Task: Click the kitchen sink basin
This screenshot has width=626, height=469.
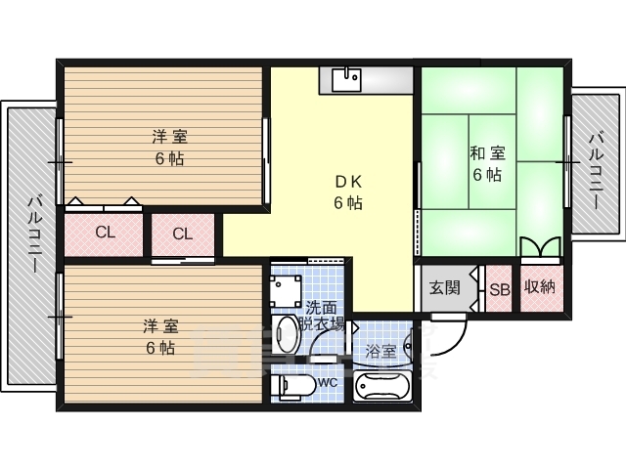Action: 346,80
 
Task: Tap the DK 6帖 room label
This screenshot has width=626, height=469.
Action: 348,192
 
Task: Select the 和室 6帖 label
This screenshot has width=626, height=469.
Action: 487,164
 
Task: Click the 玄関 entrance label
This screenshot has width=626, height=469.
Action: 445,287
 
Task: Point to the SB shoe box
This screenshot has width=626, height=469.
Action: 499,288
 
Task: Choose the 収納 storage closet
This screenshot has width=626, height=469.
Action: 542,288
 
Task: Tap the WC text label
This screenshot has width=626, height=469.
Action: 328,383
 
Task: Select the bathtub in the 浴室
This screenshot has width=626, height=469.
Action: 382,386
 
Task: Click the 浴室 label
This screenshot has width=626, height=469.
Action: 380,352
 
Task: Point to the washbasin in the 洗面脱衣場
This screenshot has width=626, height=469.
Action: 285,334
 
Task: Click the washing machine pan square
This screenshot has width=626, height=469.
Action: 286,291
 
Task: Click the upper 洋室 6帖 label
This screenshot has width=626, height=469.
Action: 169,148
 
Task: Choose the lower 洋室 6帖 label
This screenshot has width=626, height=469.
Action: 160,337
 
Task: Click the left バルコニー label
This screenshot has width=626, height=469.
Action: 33,234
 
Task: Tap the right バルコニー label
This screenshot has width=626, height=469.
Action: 596,171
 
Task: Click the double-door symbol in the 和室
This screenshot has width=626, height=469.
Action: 541,248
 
